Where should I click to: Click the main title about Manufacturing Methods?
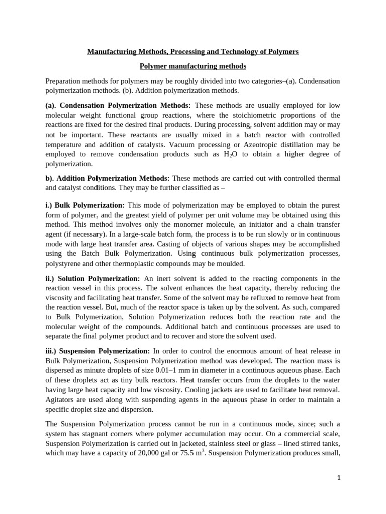(193, 52)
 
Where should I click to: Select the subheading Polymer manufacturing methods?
(193, 66)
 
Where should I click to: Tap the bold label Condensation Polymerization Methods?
(118, 106)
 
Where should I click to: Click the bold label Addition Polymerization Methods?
(113, 178)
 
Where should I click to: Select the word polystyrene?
(62, 263)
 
